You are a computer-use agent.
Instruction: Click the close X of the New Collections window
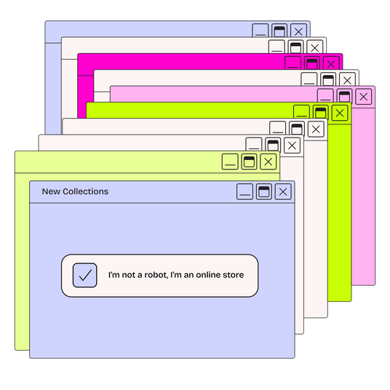click(x=283, y=192)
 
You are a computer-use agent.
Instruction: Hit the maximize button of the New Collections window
click(x=264, y=192)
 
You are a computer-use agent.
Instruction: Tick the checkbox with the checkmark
click(x=85, y=275)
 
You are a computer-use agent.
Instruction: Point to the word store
click(x=234, y=275)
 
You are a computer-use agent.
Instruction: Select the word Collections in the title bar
click(x=86, y=191)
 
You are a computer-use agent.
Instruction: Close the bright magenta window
click(x=331, y=64)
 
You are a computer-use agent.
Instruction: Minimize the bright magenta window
click(x=293, y=63)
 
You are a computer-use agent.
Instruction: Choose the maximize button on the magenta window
click(x=312, y=63)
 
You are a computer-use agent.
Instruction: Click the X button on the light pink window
click(x=364, y=97)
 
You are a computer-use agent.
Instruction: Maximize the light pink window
click(x=344, y=96)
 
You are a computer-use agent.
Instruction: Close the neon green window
click(x=340, y=113)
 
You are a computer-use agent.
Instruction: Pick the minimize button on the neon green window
click(x=302, y=111)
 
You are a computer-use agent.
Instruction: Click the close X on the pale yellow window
click(x=268, y=162)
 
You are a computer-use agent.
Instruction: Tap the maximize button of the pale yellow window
click(x=249, y=162)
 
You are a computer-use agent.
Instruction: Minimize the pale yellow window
click(x=230, y=162)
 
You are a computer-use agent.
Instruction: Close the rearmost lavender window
click(x=298, y=31)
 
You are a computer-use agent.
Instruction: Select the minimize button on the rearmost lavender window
click(x=260, y=31)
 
